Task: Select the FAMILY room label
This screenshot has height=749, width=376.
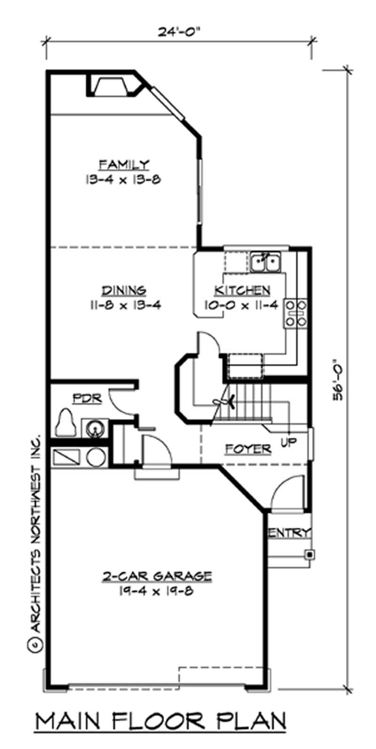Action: click(x=124, y=164)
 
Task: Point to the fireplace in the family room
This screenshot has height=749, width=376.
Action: click(x=112, y=87)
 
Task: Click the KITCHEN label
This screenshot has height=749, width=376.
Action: click(x=242, y=290)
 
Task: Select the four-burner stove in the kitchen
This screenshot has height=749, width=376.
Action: click(x=295, y=313)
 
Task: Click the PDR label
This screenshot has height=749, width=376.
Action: click(x=87, y=399)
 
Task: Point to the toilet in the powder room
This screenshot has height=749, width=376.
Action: click(x=66, y=423)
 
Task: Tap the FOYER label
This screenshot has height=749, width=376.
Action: click(x=248, y=449)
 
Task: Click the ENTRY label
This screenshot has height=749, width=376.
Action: click(x=290, y=533)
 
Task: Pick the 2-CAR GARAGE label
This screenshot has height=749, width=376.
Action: click(x=157, y=575)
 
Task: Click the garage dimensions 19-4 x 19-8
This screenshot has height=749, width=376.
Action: click(x=157, y=590)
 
